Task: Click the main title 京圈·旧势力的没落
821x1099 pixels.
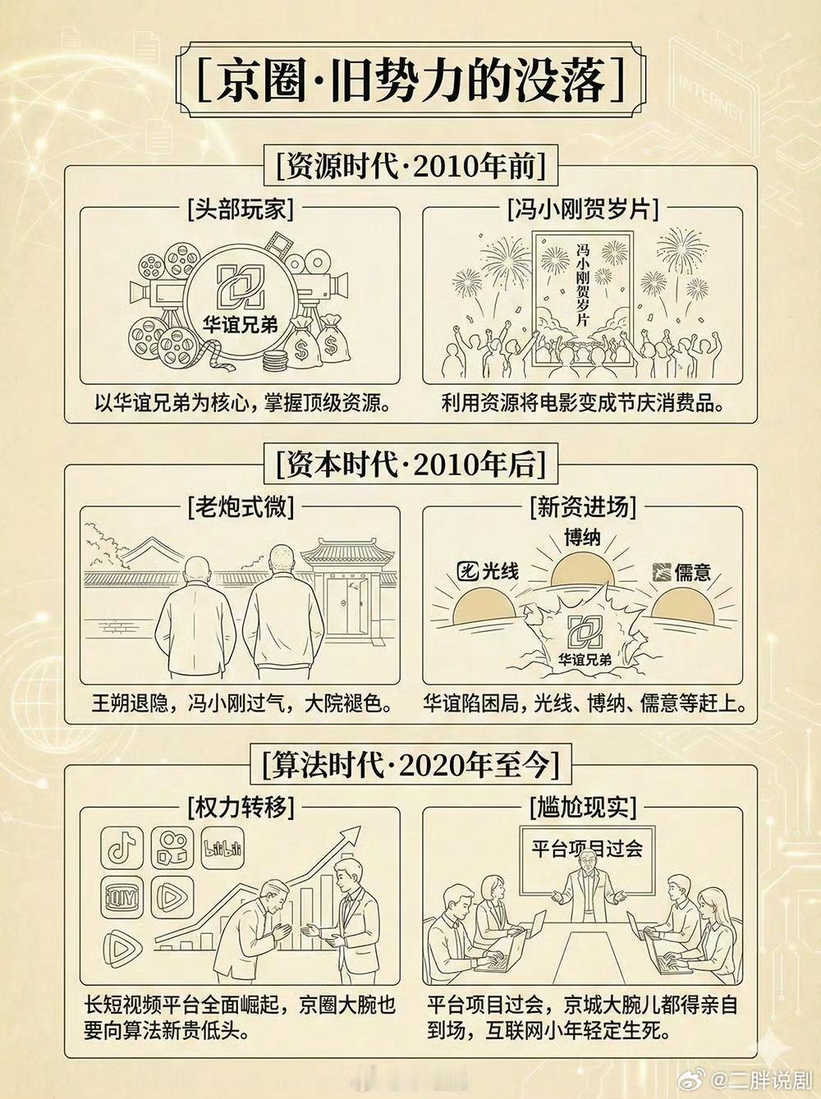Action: tap(410, 80)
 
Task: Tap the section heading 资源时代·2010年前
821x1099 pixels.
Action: tap(410, 166)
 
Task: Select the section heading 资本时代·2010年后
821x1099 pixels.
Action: tap(410, 465)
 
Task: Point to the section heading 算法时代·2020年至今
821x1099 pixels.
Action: tap(410, 766)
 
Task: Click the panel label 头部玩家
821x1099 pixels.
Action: tap(241, 208)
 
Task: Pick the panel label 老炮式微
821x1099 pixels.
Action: tap(241, 508)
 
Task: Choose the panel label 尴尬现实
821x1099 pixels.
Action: tap(583, 808)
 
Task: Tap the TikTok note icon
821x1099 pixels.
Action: tap(122, 848)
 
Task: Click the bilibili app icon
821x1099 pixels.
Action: tap(222, 848)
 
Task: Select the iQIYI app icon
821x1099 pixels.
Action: tap(122, 898)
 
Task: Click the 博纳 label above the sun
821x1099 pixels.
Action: tap(582, 538)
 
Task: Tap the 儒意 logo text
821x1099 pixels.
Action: tap(681, 572)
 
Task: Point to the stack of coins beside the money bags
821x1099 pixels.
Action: tap(276, 361)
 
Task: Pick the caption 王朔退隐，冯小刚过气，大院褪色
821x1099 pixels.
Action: tap(241, 703)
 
